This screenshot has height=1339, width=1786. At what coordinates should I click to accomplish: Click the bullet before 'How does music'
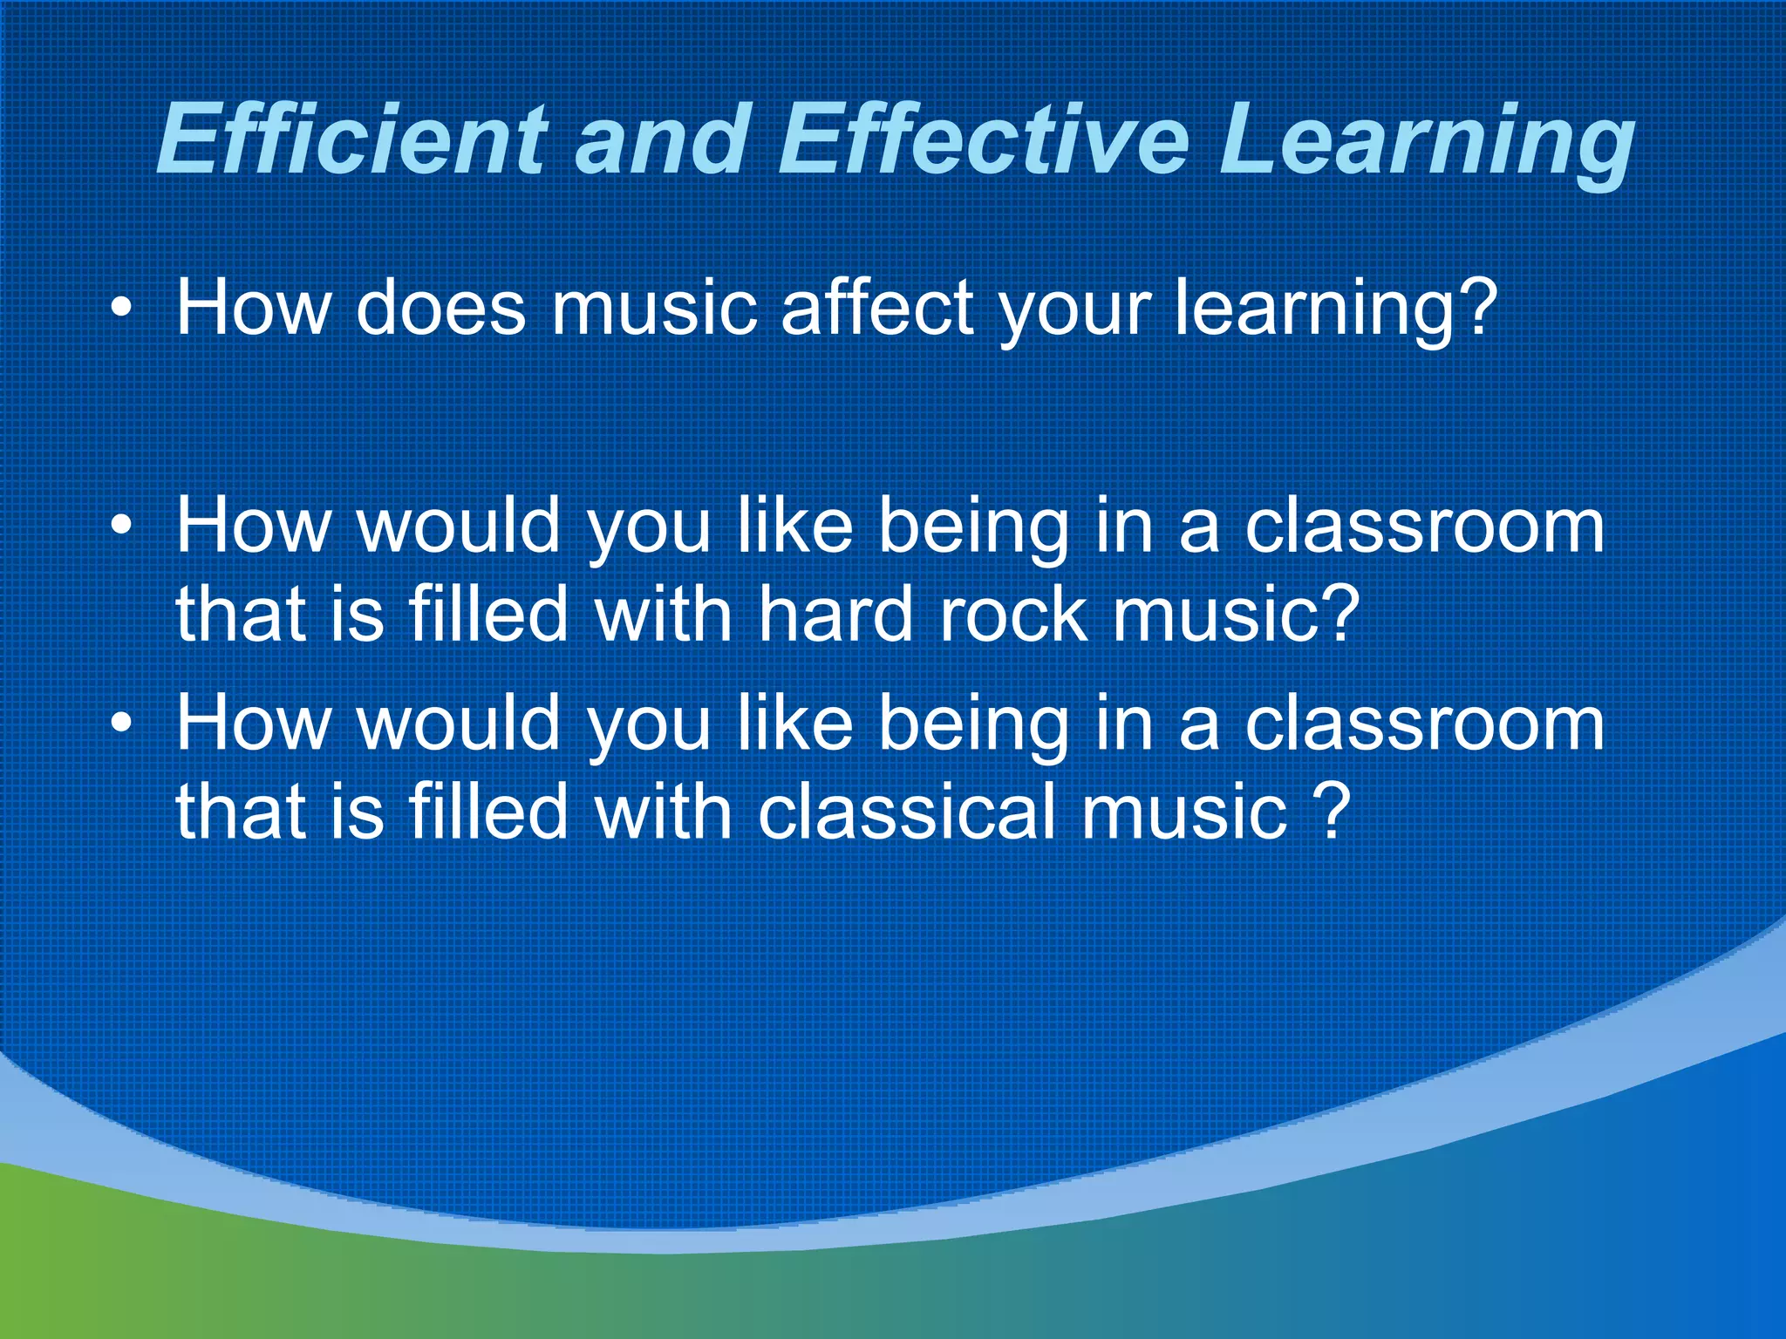click(122, 309)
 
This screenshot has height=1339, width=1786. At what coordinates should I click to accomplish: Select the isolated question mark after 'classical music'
click(1333, 811)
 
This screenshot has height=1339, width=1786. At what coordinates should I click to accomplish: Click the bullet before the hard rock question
click(122, 527)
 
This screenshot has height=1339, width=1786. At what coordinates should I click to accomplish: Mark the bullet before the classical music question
click(122, 724)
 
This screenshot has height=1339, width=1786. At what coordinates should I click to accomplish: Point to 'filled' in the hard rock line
click(488, 614)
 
